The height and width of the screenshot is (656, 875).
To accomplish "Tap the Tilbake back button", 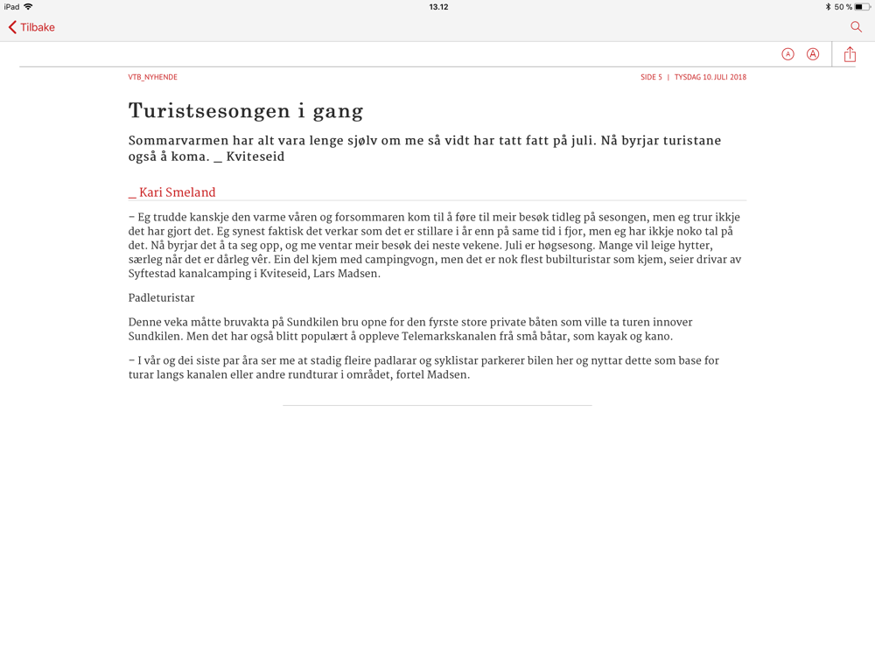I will click(31, 27).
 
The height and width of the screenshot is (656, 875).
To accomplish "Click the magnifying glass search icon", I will click(856, 27).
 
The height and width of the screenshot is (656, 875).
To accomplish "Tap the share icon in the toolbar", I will click(850, 54).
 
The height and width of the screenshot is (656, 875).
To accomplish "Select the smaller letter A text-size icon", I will click(787, 54).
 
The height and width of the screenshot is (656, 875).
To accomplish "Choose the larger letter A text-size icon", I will click(813, 54).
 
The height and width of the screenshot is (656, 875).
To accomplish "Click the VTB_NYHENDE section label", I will click(152, 77).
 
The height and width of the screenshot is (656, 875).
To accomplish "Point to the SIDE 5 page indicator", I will click(651, 77).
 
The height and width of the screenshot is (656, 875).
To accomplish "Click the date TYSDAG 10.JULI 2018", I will click(710, 77).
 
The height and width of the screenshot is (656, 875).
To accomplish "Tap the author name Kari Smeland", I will click(177, 192).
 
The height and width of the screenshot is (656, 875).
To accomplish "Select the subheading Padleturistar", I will click(161, 298).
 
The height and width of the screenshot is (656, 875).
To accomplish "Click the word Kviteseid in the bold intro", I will click(255, 157).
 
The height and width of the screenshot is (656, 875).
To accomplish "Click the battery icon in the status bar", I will click(862, 7).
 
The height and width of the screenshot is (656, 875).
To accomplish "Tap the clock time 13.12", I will click(438, 7).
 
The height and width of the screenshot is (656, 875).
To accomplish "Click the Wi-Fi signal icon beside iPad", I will click(28, 7).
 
